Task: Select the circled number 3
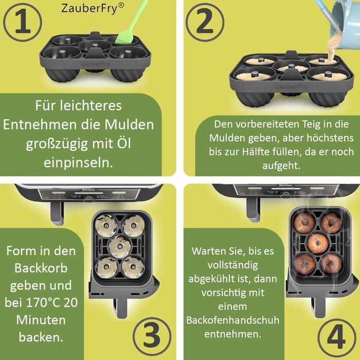[x=152, y=336]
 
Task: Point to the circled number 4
[x=336, y=336]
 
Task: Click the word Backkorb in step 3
[x=41, y=268]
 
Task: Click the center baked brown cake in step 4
[x=317, y=242]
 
